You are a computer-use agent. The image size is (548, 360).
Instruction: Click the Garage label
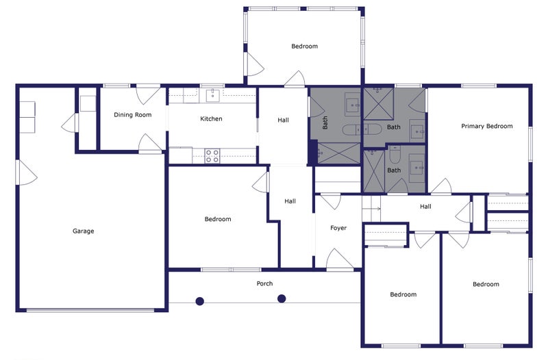(83, 231)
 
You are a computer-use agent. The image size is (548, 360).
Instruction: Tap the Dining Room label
(133, 114)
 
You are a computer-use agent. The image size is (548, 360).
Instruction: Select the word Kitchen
(211, 118)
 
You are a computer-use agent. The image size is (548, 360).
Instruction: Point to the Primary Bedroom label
(487, 126)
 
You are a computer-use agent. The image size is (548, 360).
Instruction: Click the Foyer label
(338, 228)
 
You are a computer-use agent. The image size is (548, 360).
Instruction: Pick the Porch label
(264, 283)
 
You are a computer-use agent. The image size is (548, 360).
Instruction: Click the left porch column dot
(199, 301)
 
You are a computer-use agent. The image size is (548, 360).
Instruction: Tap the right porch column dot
(282, 298)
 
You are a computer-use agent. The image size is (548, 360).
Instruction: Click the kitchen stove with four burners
(212, 156)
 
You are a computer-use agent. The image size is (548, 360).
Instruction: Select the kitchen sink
(212, 95)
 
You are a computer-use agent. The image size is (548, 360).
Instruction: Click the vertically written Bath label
(325, 123)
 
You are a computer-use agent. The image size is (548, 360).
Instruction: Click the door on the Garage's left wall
(27, 172)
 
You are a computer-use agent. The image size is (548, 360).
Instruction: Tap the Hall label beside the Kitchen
(283, 120)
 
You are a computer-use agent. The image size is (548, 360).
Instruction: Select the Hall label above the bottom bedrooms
(425, 207)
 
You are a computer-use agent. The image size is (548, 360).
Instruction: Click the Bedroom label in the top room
(304, 46)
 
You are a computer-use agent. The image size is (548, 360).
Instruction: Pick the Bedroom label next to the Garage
(218, 219)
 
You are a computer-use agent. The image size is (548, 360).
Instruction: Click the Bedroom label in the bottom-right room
(486, 284)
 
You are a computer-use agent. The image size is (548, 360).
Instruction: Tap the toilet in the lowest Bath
(395, 155)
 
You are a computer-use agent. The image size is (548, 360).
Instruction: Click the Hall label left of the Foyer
(290, 201)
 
